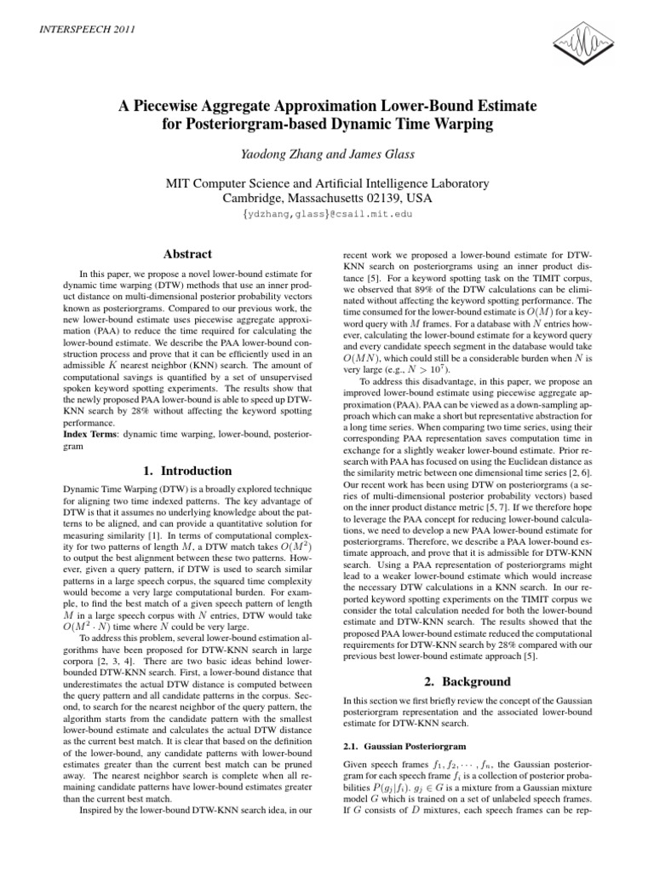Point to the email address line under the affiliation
click(327, 214)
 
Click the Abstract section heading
click(188, 253)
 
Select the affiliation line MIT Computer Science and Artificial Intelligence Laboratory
click(327, 182)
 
